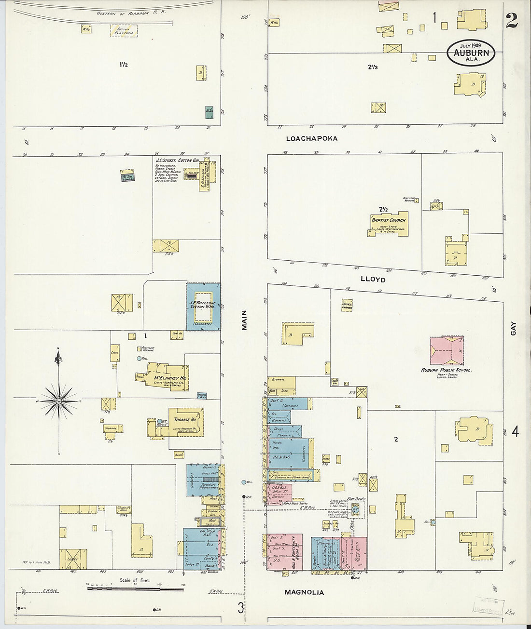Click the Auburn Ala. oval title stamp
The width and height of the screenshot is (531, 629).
click(x=471, y=53)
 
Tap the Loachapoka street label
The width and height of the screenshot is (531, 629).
click(x=311, y=139)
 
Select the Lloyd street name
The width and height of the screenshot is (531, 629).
click(x=373, y=280)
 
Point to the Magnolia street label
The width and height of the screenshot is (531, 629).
click(x=304, y=592)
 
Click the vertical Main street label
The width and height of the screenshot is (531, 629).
click(x=244, y=320)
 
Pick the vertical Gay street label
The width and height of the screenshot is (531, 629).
click(x=513, y=330)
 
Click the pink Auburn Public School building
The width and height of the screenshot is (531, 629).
click(x=447, y=350)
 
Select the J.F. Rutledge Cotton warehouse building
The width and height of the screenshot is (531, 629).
click(x=203, y=307)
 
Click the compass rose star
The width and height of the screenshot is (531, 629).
click(x=59, y=401)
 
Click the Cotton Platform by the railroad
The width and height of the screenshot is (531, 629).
click(x=124, y=31)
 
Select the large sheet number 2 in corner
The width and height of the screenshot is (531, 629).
click(x=512, y=21)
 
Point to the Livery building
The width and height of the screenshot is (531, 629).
click(x=73, y=559)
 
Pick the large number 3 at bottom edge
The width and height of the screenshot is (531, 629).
click(x=240, y=608)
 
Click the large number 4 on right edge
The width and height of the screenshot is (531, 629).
click(x=515, y=431)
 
